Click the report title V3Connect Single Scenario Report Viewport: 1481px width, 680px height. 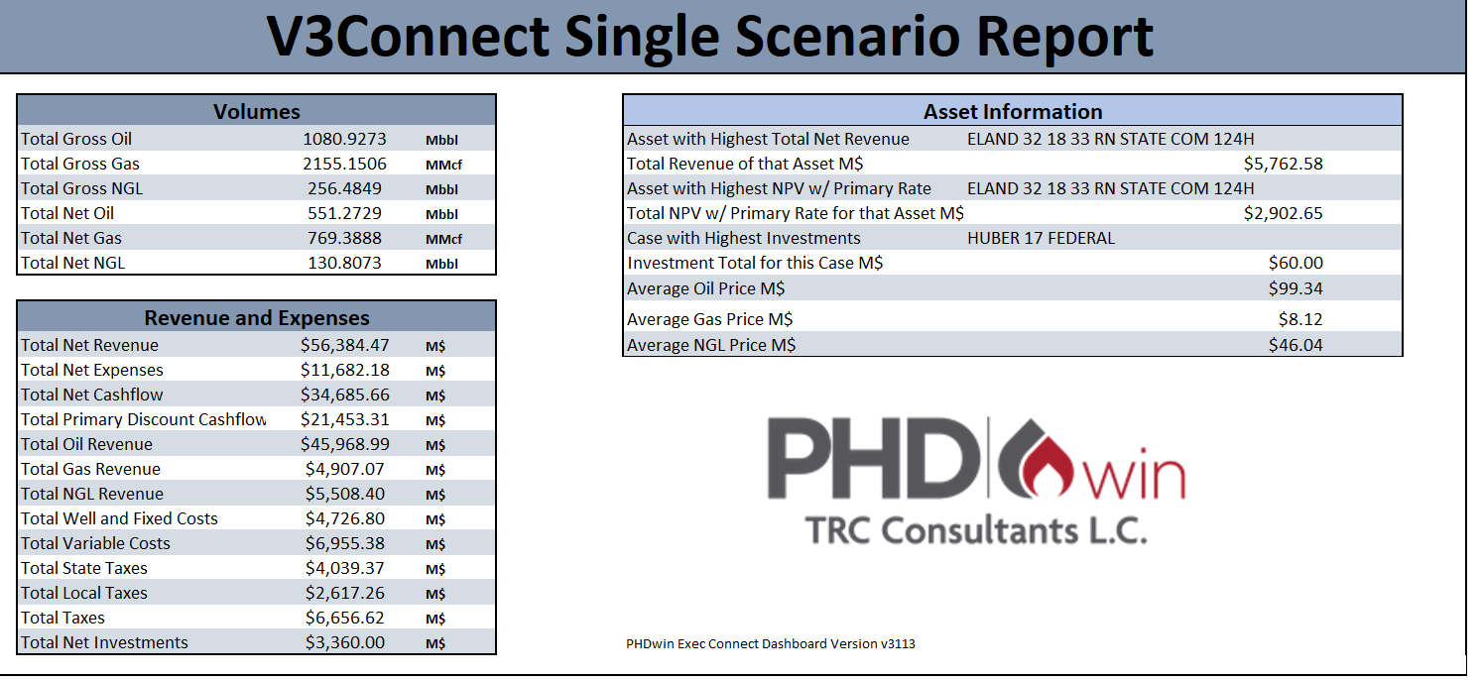click(709, 37)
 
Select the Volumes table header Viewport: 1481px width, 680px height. click(256, 111)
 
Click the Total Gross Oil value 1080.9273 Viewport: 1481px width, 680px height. click(344, 139)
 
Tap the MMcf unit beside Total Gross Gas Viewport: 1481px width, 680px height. click(443, 165)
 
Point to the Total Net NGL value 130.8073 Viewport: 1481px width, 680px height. click(344, 263)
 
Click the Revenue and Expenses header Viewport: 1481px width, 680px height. click(256, 317)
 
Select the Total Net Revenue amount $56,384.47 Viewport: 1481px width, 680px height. click(344, 345)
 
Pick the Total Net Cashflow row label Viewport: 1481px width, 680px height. click(92, 395)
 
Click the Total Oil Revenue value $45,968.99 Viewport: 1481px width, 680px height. click(344, 444)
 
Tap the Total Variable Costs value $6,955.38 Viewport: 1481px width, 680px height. click(346, 543)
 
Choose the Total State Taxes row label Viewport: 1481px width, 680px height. click(84, 568)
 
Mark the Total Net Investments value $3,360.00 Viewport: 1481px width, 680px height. click(346, 642)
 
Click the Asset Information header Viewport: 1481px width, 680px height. click(1012, 111)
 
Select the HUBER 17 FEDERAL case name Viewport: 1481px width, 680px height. click(1041, 238)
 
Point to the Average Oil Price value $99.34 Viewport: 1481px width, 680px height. click(1295, 288)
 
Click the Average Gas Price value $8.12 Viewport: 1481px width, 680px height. click(1299, 319)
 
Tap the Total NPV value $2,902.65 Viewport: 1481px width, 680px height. click(1283, 213)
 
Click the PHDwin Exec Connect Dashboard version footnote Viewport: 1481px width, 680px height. click(770, 644)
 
